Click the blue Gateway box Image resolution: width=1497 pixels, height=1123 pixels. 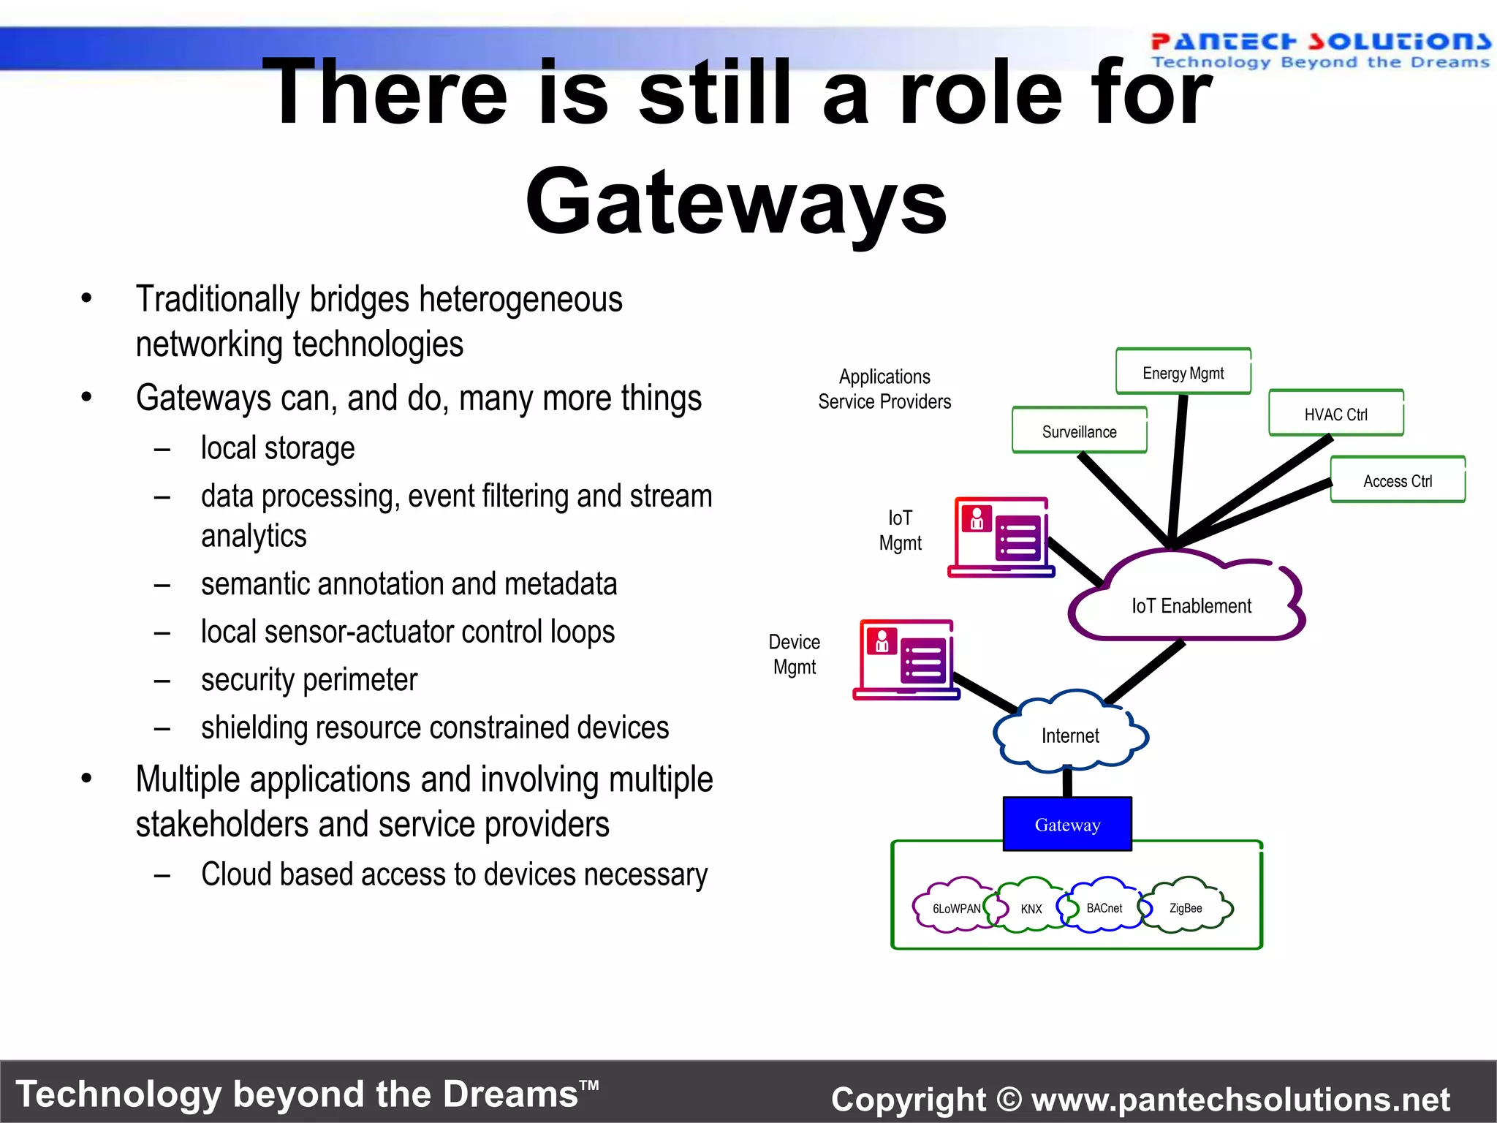coord(1067,824)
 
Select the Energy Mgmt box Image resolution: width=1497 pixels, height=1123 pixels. coord(1183,372)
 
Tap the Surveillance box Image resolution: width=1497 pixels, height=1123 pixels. coord(1079,431)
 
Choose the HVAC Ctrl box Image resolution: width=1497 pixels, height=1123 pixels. coord(1335,414)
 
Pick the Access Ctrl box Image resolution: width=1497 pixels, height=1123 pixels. coord(1397,480)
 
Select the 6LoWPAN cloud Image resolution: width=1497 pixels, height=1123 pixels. coord(955,907)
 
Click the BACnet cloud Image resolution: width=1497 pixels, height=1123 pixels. coord(1103,907)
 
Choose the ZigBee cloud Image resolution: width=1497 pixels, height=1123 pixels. coord(1186,907)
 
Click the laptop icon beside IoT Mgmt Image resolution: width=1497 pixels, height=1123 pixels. coord(1001,538)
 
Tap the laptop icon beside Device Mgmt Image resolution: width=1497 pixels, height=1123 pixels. coord(906,660)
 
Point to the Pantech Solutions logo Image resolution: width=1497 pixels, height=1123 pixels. coord(1320,50)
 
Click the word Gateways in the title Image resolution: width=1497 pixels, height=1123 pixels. coord(736,201)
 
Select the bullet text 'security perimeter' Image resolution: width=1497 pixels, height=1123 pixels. coord(309,680)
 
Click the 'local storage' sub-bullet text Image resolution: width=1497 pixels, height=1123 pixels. coord(278,448)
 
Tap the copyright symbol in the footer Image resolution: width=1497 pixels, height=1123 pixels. coord(1009,1099)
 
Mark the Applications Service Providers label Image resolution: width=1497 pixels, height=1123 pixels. coord(884,389)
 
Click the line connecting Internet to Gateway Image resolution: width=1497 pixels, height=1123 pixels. coord(1067,782)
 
